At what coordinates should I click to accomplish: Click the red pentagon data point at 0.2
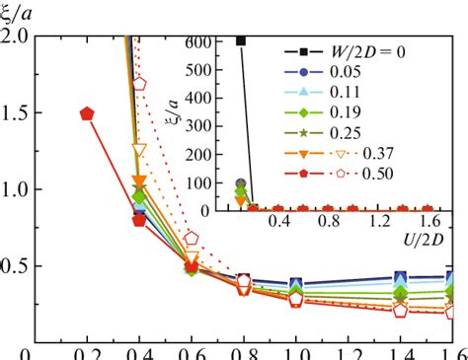[88, 113]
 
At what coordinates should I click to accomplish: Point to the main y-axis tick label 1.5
[16, 113]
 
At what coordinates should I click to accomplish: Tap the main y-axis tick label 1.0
[16, 189]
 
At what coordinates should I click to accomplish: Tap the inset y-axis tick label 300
[210, 125]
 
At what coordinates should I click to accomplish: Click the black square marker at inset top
[240, 40]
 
